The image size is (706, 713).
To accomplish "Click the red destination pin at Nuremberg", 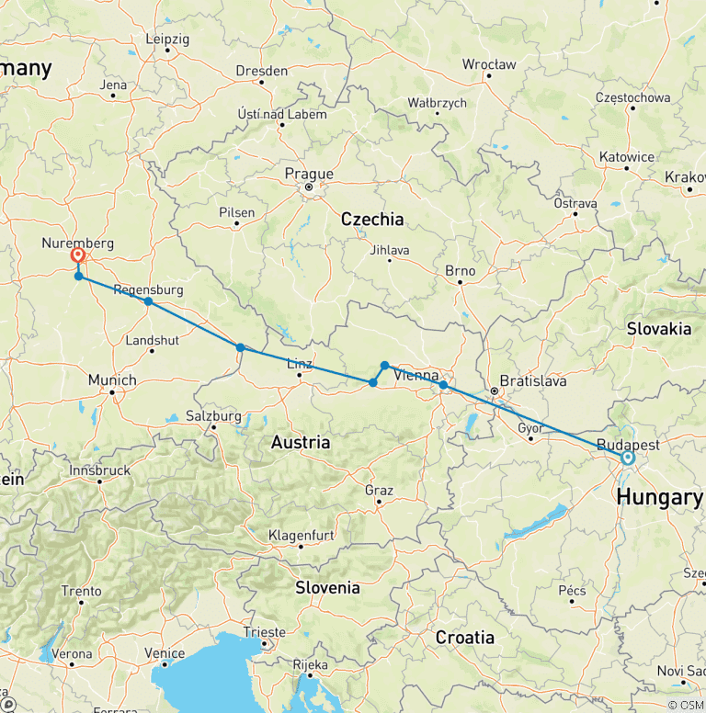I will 77,256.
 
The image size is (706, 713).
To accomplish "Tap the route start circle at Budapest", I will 628,458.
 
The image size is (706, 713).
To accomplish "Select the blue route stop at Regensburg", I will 148,301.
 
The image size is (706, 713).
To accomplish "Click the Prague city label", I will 309,174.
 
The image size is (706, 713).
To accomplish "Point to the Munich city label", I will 112,379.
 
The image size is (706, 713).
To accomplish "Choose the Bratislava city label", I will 533,380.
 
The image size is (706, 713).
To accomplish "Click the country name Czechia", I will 371,219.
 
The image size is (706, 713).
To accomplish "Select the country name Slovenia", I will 327,587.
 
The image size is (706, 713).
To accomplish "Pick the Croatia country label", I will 464,638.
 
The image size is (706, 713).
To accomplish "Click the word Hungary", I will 659,497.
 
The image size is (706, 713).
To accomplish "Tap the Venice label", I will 165,653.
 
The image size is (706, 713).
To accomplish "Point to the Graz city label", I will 379,490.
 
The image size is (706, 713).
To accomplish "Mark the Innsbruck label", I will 99,470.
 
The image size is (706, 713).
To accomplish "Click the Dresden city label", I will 261,70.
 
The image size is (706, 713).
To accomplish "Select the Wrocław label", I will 489,64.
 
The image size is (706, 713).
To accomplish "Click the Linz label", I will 300,363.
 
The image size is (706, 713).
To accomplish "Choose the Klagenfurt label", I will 302,535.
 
